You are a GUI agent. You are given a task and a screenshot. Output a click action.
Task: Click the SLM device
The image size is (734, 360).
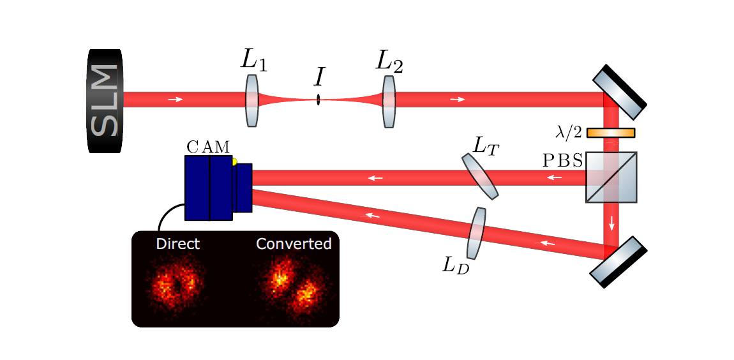[105, 101]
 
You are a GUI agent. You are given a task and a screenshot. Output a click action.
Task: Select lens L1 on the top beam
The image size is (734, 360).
[252, 100]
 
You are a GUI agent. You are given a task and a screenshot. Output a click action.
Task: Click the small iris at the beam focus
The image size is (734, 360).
[318, 100]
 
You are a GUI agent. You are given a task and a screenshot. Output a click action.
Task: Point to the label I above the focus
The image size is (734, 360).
[319, 77]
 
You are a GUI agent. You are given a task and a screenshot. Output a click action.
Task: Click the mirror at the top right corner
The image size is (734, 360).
[620, 92]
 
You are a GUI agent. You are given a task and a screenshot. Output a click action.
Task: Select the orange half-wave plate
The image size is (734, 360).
[611, 133]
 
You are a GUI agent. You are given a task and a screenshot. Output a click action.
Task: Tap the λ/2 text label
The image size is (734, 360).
[569, 133]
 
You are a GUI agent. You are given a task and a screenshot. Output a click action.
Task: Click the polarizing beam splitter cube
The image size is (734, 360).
[611, 177]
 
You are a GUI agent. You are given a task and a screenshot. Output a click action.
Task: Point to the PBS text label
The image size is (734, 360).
[562, 160]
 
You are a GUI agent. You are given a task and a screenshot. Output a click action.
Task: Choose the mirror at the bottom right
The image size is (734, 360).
[618, 261]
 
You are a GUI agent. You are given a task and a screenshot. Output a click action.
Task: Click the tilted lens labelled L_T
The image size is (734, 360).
[480, 176]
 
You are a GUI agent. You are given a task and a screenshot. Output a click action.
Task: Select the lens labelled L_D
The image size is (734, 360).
[476, 233]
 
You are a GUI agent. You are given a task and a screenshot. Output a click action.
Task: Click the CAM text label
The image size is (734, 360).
[208, 147]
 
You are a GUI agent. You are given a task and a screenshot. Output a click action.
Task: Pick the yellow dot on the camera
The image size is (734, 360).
[234, 162]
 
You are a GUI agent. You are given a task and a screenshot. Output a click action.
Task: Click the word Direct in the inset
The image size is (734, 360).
[177, 244]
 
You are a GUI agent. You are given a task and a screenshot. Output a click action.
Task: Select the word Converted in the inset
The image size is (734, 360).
[294, 244]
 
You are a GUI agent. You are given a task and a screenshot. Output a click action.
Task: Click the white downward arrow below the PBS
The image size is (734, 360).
[611, 223]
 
